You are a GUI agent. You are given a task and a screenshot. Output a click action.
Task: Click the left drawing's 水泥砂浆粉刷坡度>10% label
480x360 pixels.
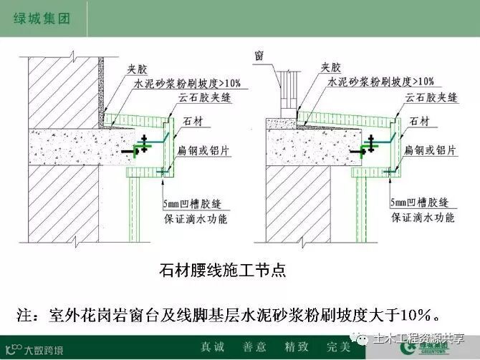[x=189, y=83]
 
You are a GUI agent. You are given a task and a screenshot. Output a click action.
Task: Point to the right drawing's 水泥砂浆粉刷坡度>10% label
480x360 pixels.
[x=380, y=83]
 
